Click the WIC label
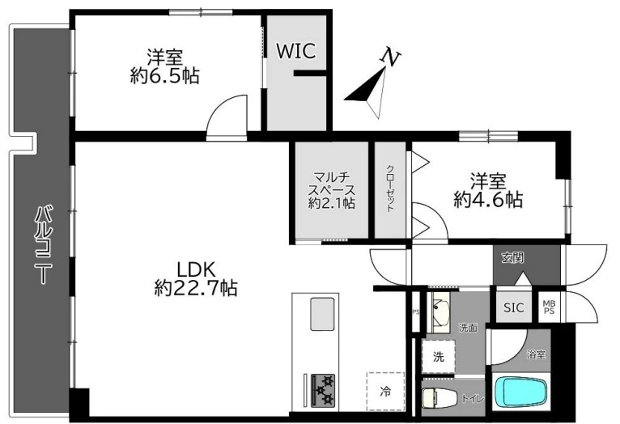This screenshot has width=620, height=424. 295,50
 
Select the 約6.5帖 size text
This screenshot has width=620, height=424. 164,77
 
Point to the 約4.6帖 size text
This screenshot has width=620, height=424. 487,200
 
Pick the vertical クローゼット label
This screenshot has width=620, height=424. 389,189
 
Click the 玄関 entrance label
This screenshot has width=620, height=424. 512,258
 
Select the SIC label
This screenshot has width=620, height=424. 513,307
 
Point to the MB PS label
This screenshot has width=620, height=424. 549,307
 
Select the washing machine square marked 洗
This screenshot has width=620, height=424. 438,356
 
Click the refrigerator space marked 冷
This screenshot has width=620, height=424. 385,392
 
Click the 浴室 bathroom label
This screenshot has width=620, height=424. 536,354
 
